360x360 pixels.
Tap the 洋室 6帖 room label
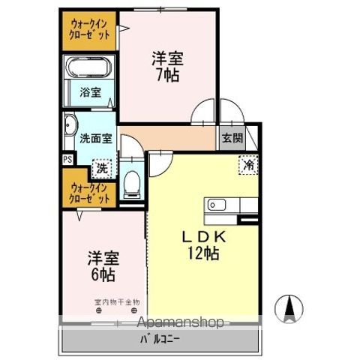pos(103,265)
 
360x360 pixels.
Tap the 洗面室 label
pos(95,138)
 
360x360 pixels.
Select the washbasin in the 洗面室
pos(70,127)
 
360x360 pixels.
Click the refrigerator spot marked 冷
pos(247,164)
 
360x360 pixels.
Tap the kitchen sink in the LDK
pos(217,204)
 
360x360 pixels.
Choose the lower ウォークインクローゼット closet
pos(90,193)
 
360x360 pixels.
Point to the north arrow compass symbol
pos(289,307)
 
